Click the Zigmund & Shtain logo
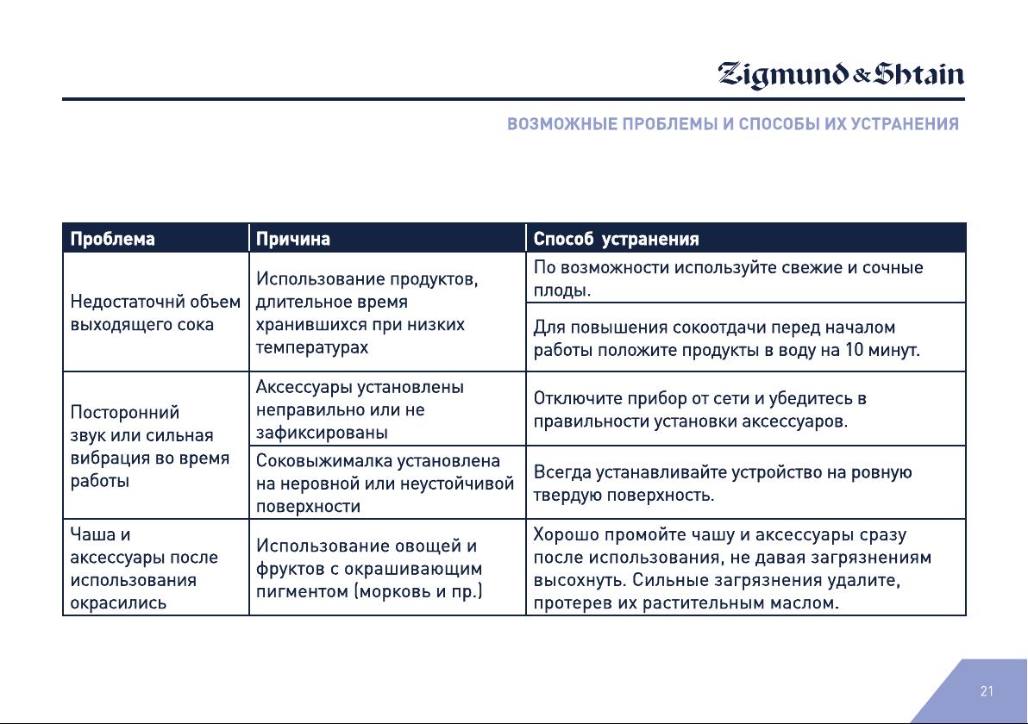[841, 75]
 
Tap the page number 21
[987, 691]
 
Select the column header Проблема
[112, 239]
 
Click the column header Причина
[292, 239]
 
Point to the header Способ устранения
[616, 239]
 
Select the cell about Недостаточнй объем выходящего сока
[155, 313]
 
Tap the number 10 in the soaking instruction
[854, 349]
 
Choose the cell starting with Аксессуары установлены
[387, 409]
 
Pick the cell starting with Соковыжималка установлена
[387, 483]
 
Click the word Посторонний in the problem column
[124, 412]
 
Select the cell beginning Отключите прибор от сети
[745, 409]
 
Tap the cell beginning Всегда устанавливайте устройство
[745, 483]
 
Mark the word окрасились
[118, 602]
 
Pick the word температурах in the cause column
[312, 347]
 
